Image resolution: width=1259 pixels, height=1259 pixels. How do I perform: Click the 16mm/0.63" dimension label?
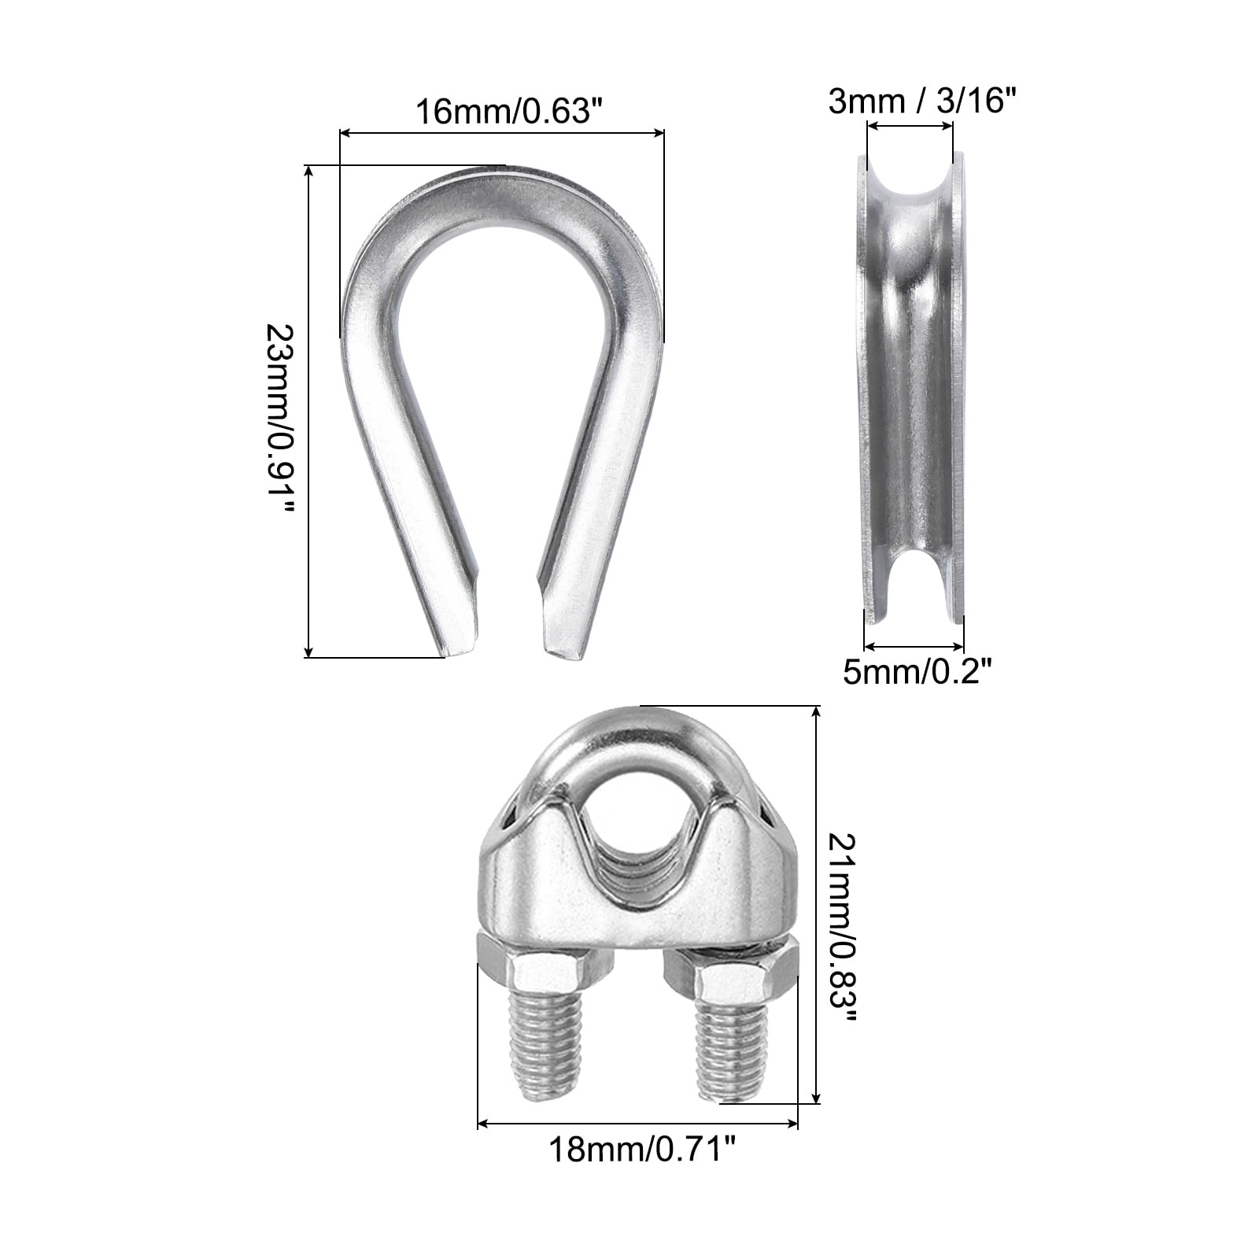coord(503,111)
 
